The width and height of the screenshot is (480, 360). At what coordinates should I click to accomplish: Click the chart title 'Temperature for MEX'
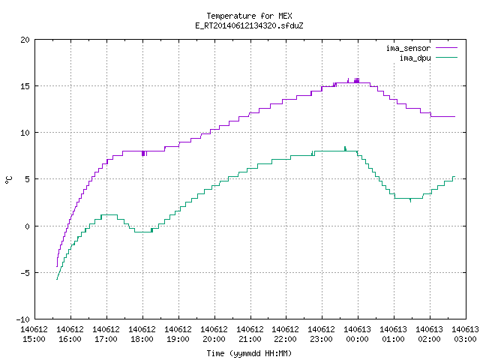(x=249, y=16)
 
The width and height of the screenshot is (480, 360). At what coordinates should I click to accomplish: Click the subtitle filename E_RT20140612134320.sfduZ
(x=249, y=25)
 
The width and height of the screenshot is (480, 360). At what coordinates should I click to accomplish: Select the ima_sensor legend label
(x=408, y=48)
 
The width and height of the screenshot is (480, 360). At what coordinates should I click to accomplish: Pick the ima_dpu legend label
(x=415, y=58)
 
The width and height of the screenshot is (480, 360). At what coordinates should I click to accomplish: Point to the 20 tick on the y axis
(x=25, y=40)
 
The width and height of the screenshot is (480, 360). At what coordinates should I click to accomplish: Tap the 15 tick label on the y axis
(x=25, y=86)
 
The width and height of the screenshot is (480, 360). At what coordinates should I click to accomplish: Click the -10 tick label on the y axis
(x=23, y=319)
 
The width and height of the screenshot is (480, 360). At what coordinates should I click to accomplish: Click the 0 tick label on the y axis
(x=28, y=226)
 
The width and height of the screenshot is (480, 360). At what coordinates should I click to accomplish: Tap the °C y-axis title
(x=9, y=180)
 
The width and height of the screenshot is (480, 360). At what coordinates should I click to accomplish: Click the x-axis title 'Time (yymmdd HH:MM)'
(x=249, y=353)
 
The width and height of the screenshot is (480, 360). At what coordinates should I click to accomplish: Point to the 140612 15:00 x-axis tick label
(x=34, y=334)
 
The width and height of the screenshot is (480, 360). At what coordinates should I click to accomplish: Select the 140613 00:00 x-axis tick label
(x=358, y=334)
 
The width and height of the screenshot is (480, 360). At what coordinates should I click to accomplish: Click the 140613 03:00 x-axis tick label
(x=465, y=334)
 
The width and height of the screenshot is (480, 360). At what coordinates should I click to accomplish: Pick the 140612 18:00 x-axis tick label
(x=142, y=334)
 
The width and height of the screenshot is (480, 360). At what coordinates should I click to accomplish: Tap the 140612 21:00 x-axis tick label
(x=250, y=334)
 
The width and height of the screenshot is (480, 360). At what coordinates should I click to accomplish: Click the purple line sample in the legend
(x=447, y=48)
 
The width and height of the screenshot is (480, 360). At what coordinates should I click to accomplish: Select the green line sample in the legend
(x=447, y=58)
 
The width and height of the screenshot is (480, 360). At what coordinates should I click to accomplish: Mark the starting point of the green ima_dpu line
(x=57, y=279)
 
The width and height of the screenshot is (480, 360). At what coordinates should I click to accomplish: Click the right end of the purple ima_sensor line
(x=455, y=117)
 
